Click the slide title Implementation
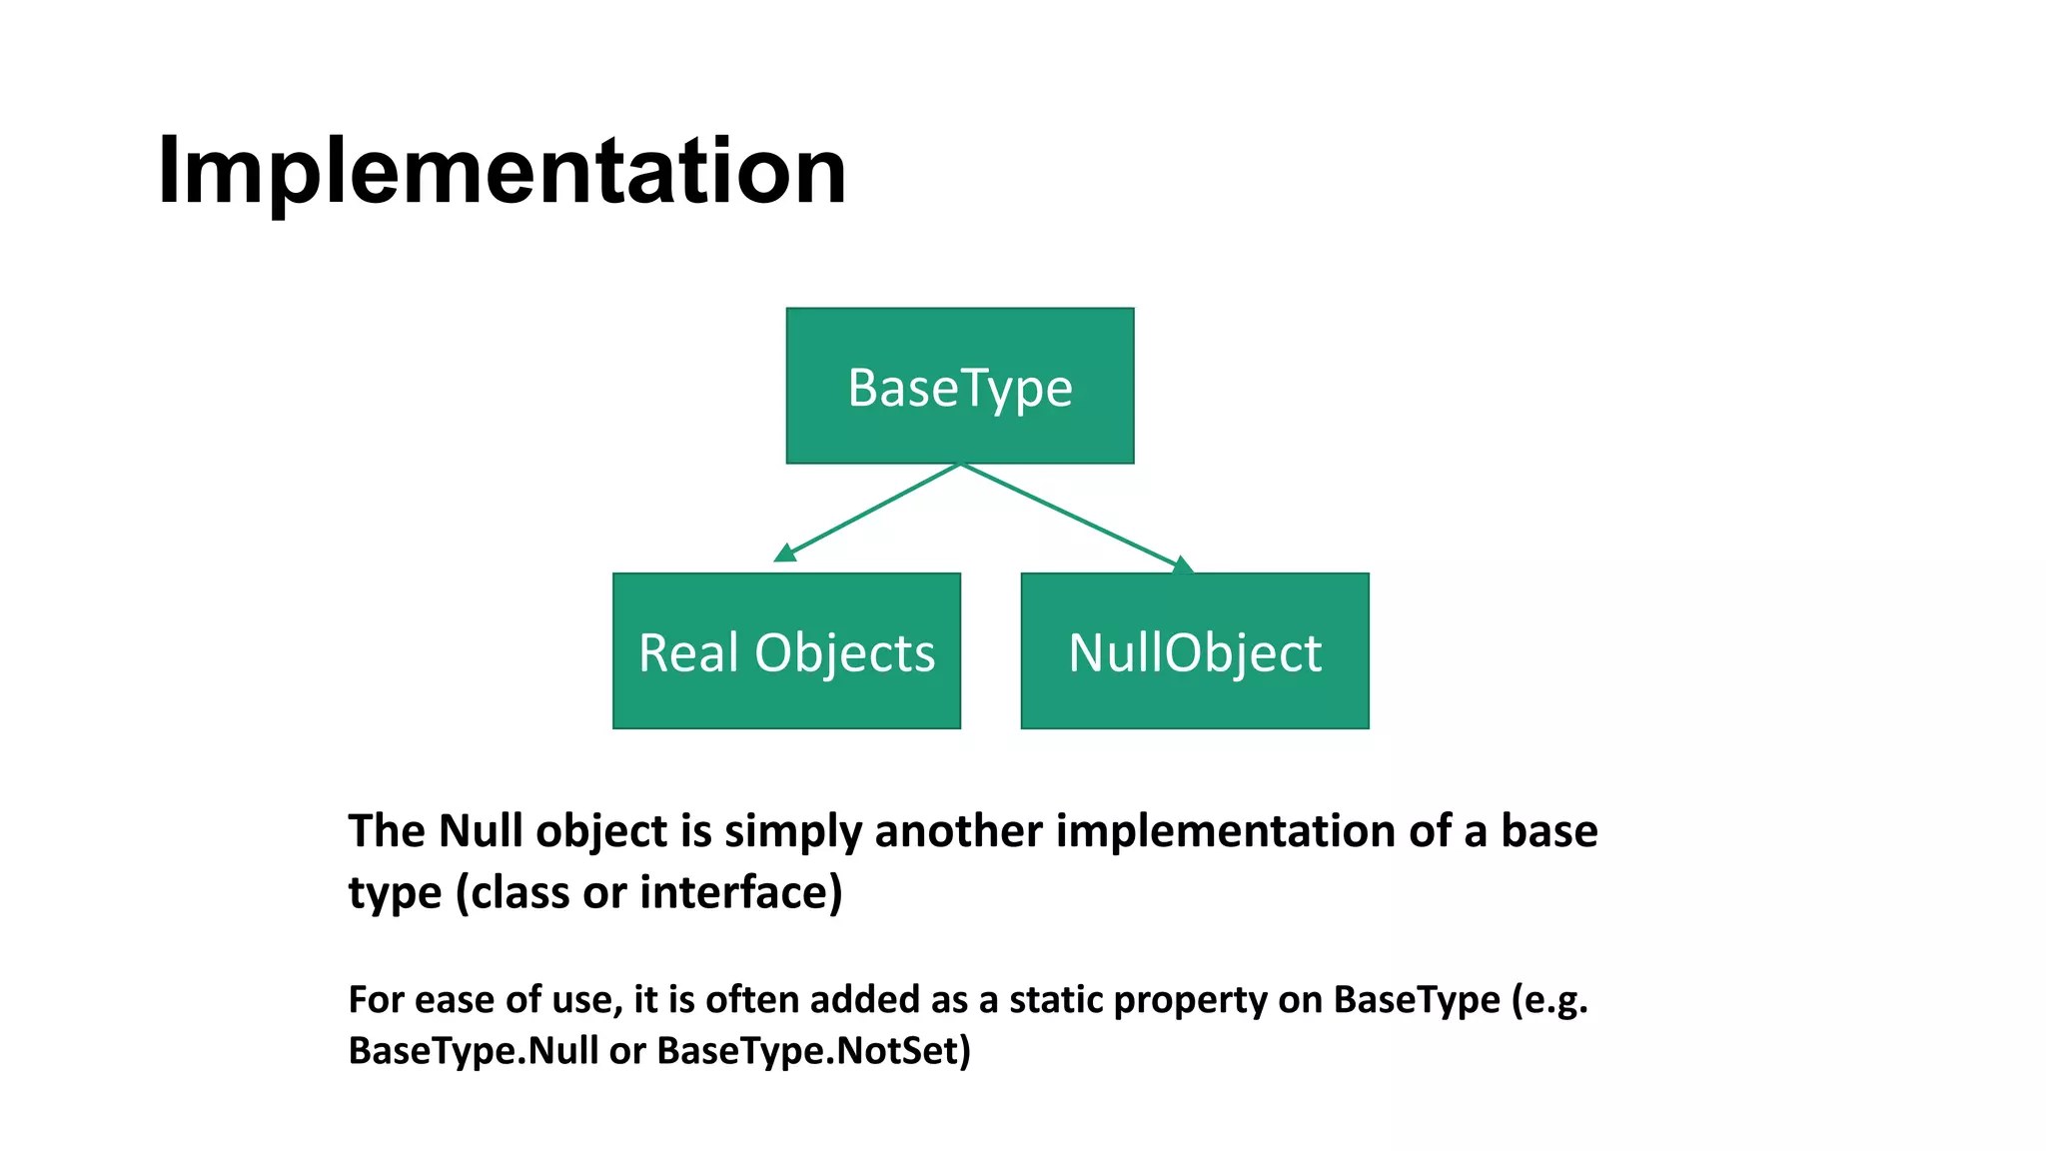tap(502, 172)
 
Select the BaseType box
tap(959, 386)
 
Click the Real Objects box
tap(786, 650)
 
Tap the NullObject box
tap(1194, 650)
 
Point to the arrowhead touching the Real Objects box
tap(786, 553)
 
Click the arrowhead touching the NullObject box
tap(1182, 566)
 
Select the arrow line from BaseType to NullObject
tap(1069, 515)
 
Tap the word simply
tap(793, 831)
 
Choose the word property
tap(1190, 1000)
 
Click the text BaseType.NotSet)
tap(813, 1051)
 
